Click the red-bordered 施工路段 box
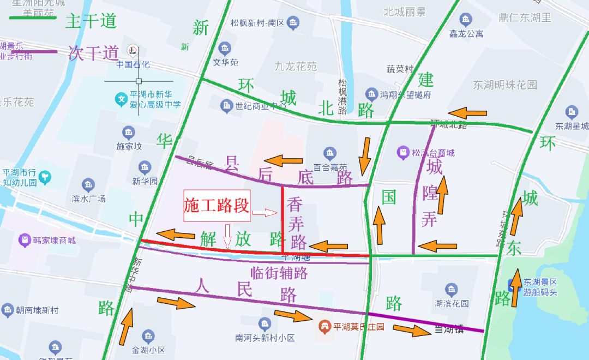pyautogui.click(x=217, y=206)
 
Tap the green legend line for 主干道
pyautogui.click(x=33, y=19)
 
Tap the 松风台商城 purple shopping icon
pyautogui.click(x=403, y=152)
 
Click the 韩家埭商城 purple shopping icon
pyautogui.click(x=24, y=239)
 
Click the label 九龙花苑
pyautogui.click(x=296, y=67)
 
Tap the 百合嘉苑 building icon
pyautogui.click(x=329, y=153)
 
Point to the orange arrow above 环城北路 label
pyautogui.click(x=467, y=113)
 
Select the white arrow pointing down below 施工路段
pyautogui.click(x=228, y=236)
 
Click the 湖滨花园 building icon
pyautogui.click(x=450, y=290)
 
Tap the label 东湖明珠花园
pyautogui.click(x=505, y=85)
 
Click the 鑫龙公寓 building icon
pyautogui.click(x=466, y=20)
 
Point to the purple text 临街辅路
pyautogui.click(x=279, y=272)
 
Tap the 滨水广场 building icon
pyautogui.click(x=88, y=185)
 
